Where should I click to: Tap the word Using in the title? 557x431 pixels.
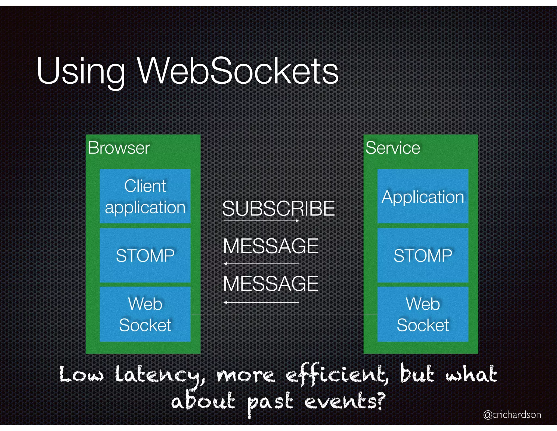pos(81,71)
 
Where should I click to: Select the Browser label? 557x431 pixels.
pos(119,148)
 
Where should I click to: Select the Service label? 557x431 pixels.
pos(393,148)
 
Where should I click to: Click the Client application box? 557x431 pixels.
pos(145,196)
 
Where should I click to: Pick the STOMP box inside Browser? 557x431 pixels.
pos(145,255)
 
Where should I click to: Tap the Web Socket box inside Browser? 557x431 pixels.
pos(145,314)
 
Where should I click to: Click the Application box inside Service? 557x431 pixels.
pos(423,196)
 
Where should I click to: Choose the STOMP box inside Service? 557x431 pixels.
pos(423,255)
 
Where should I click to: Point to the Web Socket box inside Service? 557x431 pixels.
pos(423,314)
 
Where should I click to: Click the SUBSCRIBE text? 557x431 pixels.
pos(278,208)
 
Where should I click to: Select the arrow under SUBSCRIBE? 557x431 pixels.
pos(261,221)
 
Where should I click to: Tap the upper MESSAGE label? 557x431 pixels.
pos(271,246)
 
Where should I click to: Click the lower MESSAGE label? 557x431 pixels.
pos(271,284)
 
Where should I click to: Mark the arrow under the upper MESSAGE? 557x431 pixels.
pos(261,264)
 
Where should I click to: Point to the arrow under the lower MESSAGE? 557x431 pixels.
pos(261,302)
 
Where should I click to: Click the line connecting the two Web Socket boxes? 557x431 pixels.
pos(284,314)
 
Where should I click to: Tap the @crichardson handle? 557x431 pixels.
pos(512,414)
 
